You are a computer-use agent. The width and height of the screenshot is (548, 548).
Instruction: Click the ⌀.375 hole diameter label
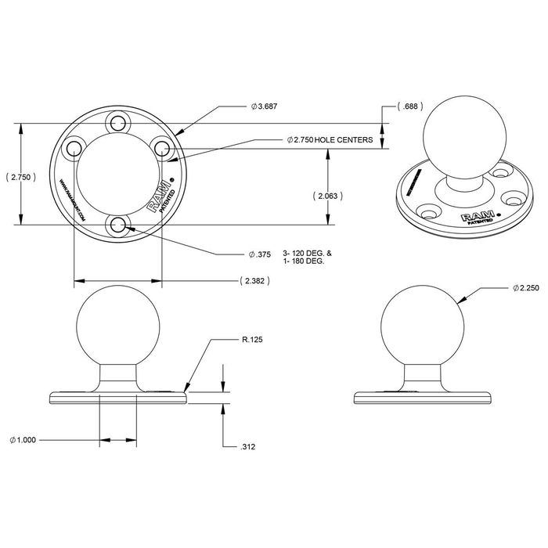(261, 254)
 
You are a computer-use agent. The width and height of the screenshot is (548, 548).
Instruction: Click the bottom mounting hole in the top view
(119, 225)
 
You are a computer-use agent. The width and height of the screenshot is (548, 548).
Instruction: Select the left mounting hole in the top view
(74, 148)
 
